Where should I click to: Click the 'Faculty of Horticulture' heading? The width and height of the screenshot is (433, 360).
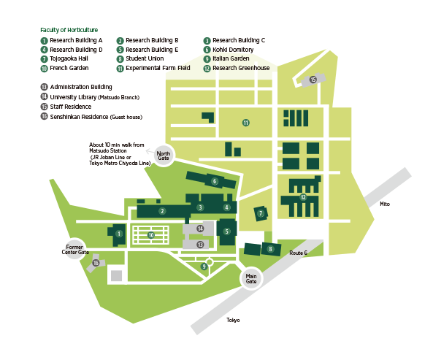[69, 30]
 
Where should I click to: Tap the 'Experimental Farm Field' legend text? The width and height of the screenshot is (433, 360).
[153, 68]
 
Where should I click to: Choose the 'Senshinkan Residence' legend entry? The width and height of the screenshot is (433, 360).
[91, 117]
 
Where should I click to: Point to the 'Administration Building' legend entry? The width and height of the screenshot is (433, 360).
[76, 87]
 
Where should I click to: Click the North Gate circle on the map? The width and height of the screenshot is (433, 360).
[164, 156]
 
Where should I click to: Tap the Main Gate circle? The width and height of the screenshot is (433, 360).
[251, 278]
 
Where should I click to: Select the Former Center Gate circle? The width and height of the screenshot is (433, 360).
[74, 250]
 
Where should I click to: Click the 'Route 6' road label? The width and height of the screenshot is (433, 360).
[298, 253]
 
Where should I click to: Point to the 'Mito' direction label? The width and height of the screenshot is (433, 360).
[385, 204]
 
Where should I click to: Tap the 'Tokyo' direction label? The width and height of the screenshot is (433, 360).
[233, 321]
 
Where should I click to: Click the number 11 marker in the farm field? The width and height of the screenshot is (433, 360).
[246, 123]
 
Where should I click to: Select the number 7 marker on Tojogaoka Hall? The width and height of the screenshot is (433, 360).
[261, 213]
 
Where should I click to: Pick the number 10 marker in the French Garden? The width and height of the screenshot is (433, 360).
[151, 235]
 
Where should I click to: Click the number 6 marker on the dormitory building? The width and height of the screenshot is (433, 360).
[215, 181]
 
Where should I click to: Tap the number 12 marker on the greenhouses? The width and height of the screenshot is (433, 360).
[304, 197]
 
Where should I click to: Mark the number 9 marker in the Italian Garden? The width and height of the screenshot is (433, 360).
[204, 267]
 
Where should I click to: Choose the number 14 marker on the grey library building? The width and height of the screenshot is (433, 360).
[200, 229]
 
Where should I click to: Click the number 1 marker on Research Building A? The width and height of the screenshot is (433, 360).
[119, 234]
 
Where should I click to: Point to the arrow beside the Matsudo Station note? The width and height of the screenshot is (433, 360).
[150, 151]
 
